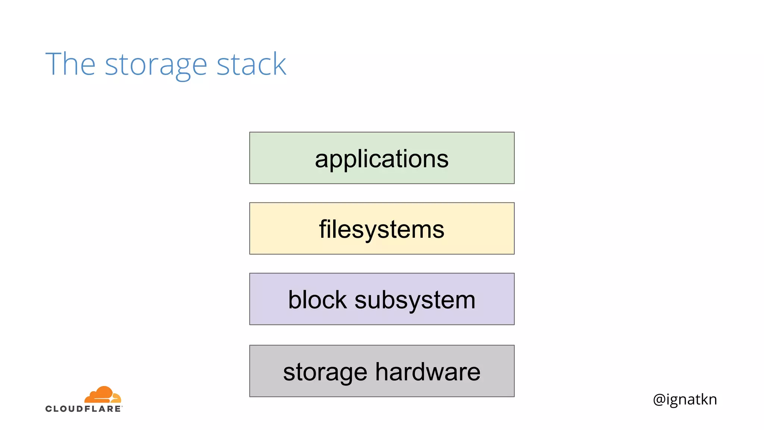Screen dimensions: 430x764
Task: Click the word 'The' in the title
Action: point(71,64)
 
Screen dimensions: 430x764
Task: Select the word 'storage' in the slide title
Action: point(156,66)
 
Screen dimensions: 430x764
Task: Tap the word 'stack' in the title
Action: point(251,64)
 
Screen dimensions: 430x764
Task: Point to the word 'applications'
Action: point(382,159)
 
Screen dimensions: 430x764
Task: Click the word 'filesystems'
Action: point(382,229)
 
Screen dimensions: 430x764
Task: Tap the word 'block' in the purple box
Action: point(317,300)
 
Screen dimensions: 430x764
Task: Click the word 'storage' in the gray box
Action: point(325,373)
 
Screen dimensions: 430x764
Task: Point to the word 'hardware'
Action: point(428,372)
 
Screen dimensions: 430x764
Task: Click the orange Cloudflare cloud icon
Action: point(103,395)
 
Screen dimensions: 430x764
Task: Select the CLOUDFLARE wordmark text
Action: point(84,409)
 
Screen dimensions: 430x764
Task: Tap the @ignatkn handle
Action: point(685,399)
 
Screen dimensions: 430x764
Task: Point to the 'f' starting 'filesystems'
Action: point(323,228)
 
